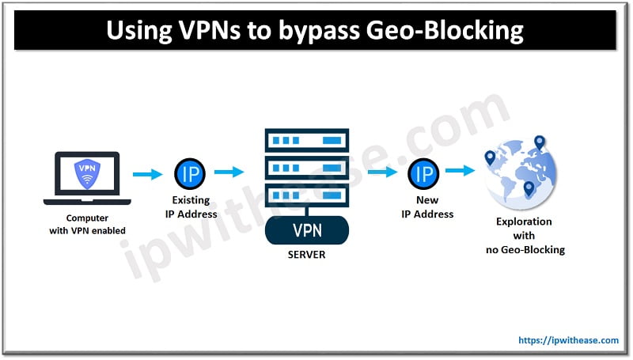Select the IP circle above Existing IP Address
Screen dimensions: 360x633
(190, 172)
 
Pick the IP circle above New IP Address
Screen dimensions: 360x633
(423, 172)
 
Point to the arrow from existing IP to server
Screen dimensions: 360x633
(230, 171)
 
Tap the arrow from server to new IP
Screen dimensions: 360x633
(382, 171)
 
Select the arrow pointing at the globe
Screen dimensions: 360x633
(460, 170)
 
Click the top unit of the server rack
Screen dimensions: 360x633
(306, 138)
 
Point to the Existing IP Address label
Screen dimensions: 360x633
(190, 207)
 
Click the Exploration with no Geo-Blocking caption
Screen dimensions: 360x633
(524, 236)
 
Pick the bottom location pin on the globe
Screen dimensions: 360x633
(529, 188)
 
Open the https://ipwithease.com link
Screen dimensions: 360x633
(568, 340)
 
